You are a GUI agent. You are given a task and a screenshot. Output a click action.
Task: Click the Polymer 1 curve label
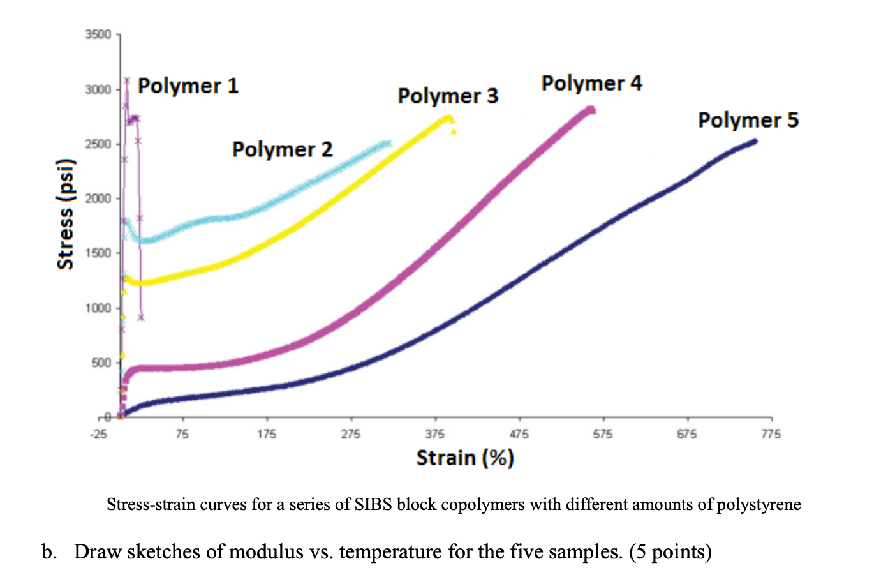[188, 86]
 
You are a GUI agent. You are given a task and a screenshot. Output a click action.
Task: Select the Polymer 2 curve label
[282, 149]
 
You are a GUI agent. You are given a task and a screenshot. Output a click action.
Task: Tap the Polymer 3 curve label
[448, 96]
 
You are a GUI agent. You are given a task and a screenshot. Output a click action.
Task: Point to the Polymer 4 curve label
[591, 83]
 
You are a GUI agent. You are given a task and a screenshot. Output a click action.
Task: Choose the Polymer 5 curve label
[748, 120]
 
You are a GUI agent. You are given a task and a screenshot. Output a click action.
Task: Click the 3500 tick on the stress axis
[98, 34]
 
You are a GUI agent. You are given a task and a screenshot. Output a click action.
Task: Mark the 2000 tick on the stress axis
[98, 199]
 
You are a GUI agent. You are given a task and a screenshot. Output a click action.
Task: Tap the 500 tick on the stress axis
[101, 363]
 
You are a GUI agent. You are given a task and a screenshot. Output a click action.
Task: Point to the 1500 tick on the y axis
[98, 253]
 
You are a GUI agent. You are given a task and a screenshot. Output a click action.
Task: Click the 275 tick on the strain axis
[351, 435]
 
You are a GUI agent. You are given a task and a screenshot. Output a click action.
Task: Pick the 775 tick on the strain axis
[771, 435]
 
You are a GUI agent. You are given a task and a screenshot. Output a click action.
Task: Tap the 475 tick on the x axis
[519, 435]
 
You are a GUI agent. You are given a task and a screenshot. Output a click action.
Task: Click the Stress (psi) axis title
[66, 214]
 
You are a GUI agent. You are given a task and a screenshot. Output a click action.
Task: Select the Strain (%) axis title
[465, 458]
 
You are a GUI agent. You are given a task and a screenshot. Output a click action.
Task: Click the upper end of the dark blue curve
[755, 141]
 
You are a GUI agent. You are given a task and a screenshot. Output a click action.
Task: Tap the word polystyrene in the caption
[759, 505]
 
